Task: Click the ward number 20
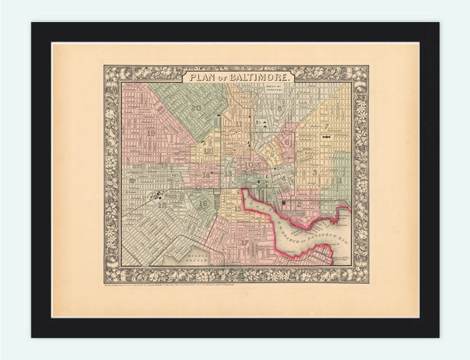196,108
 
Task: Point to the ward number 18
162,205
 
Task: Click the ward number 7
326,125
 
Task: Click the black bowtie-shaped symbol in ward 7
327,136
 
